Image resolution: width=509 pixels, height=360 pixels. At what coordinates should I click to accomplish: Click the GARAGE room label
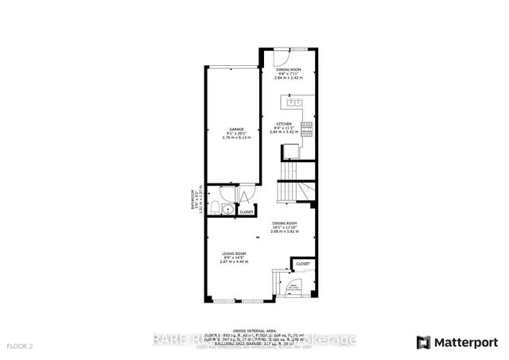[x=236, y=130]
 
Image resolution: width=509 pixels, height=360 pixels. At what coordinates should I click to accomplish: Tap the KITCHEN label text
[x=284, y=125]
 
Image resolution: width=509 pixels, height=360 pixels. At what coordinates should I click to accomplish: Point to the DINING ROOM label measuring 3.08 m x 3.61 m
[x=285, y=223]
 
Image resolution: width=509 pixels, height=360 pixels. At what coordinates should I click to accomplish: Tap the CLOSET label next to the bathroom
[x=247, y=212]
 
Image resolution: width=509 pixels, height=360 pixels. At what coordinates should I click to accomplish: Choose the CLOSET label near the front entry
[x=303, y=264]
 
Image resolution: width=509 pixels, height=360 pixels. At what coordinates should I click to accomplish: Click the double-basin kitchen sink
[x=294, y=102]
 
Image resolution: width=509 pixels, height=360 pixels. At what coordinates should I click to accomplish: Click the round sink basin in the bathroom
[x=227, y=210]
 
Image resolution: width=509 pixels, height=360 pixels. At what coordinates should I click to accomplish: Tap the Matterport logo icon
[x=423, y=343]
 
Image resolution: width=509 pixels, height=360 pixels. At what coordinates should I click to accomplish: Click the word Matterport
[x=464, y=343]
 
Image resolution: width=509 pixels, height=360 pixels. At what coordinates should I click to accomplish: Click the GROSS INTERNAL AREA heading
[x=254, y=330]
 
